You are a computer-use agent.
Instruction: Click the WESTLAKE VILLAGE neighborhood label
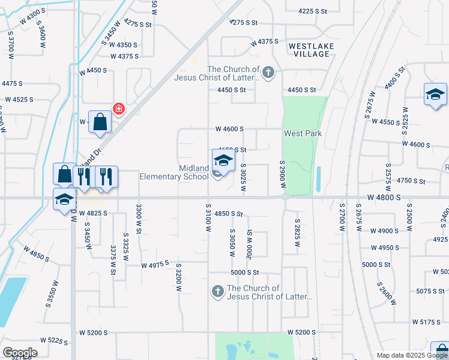[309, 50]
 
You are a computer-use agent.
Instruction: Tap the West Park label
[303, 133]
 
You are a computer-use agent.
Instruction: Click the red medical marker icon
[119, 109]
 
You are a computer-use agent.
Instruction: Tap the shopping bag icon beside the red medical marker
[100, 122]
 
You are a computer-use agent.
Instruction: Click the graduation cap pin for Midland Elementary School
[223, 161]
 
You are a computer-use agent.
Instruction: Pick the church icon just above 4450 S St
[268, 73]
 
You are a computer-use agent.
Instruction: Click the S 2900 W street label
[282, 175]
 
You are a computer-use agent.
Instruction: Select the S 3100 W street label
[208, 222]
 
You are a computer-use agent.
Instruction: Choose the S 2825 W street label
[297, 233]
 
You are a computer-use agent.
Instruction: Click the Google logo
[20, 353]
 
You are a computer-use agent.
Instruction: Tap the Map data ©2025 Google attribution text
[412, 355]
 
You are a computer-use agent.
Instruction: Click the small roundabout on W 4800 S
[286, 197]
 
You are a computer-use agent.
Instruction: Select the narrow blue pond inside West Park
[318, 178]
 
